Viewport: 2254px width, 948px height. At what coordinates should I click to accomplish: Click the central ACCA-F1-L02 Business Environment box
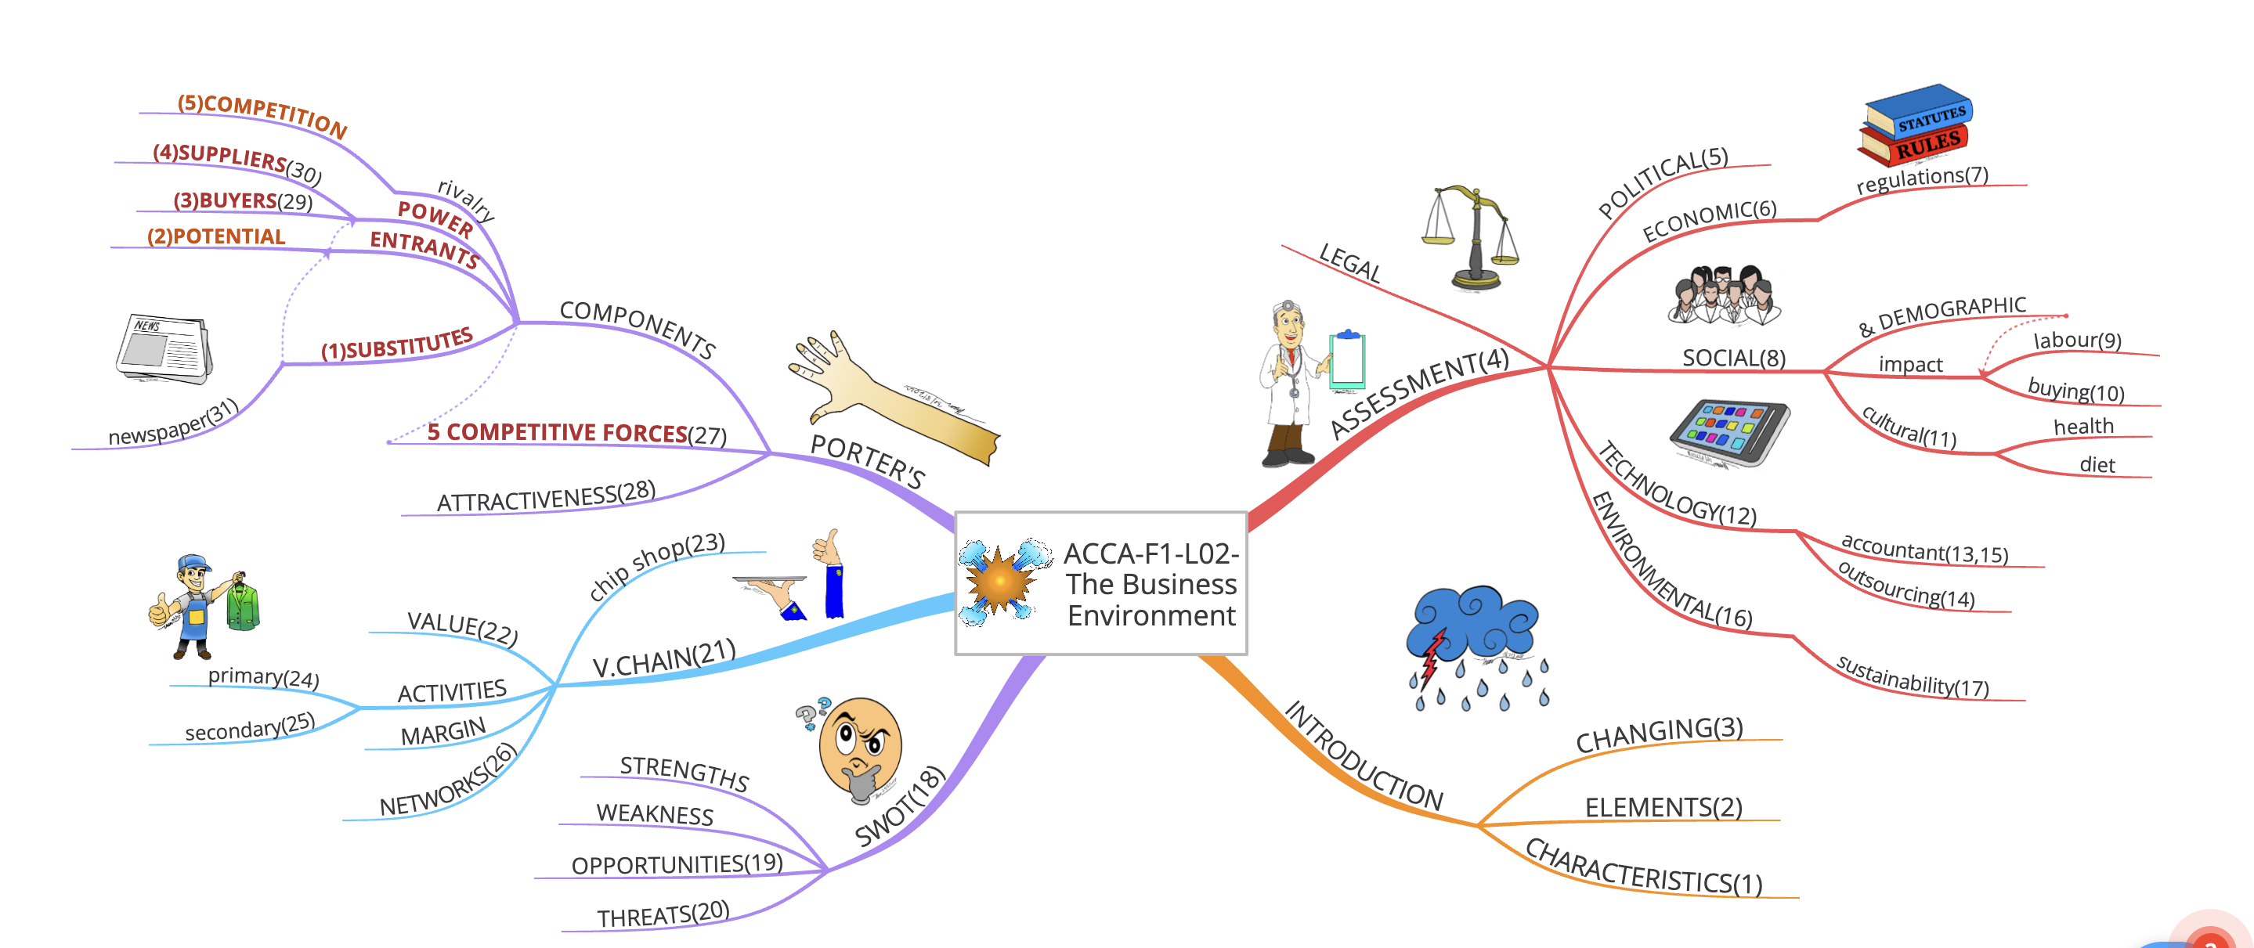(x=1100, y=583)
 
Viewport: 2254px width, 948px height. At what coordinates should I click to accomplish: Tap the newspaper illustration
(x=164, y=349)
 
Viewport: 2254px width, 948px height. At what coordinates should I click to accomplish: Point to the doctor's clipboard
(x=1348, y=359)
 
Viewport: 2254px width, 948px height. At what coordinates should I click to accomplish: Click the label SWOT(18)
(x=900, y=806)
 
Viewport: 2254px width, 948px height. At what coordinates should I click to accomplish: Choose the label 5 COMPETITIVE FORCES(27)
(x=576, y=433)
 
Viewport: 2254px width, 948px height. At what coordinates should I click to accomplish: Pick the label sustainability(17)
(x=1912, y=677)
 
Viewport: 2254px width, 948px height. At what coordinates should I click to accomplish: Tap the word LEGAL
(x=1349, y=262)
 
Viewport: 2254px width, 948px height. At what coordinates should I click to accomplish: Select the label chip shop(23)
(x=656, y=566)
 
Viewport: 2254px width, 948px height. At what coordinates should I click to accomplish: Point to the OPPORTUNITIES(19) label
(x=677, y=864)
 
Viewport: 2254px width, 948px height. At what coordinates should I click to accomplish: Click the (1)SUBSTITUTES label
(x=397, y=344)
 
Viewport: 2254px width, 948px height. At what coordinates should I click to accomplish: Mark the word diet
(x=2097, y=465)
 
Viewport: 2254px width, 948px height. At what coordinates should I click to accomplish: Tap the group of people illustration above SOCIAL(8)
(x=1724, y=294)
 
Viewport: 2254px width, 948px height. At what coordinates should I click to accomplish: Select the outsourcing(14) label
(x=1905, y=585)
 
